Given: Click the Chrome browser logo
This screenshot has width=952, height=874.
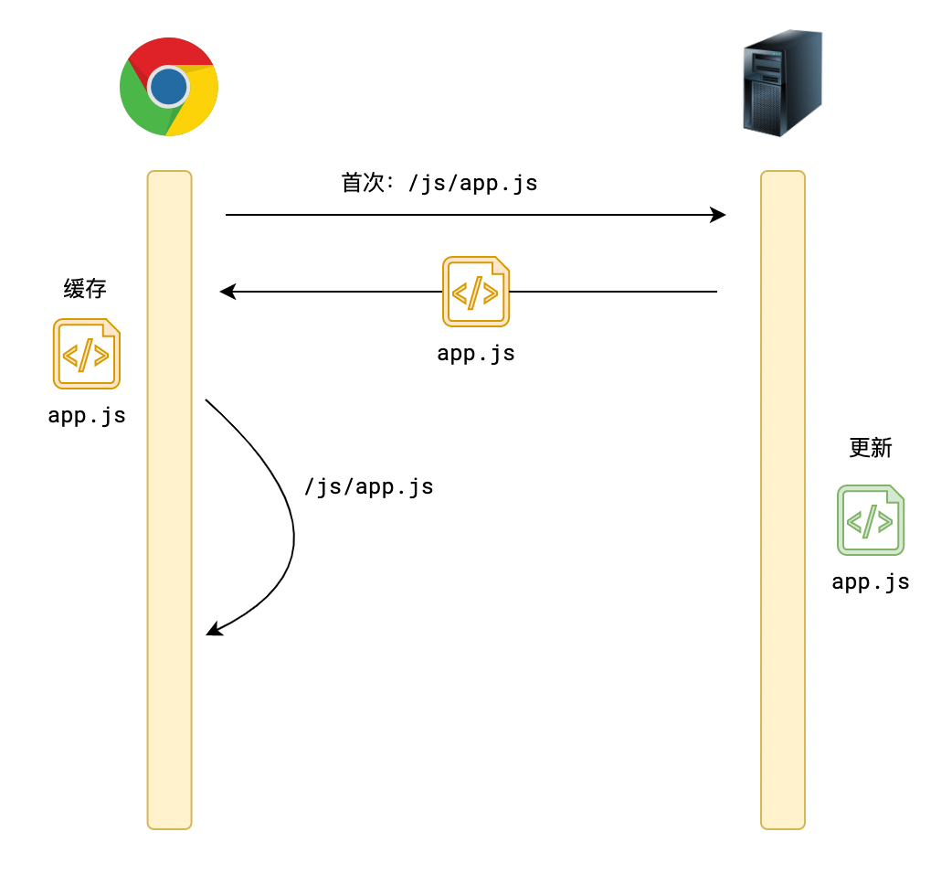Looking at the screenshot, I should click(x=169, y=87).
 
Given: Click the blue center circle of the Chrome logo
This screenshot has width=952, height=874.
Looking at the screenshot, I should click(x=169, y=87).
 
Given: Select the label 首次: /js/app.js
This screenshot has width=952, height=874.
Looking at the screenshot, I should click(x=439, y=183).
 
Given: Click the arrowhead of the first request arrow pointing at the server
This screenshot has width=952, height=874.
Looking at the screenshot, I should click(x=719, y=215).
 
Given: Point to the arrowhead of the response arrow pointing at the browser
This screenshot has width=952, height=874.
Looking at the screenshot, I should click(x=227, y=292).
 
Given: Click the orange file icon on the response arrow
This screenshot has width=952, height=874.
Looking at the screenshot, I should click(x=476, y=292).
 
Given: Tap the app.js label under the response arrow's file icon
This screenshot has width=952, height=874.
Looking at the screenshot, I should click(x=476, y=354).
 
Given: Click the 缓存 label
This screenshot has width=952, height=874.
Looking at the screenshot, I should click(x=85, y=289).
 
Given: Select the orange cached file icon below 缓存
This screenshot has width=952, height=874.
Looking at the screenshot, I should click(x=87, y=354).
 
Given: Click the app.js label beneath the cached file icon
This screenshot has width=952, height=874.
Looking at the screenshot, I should click(x=87, y=416).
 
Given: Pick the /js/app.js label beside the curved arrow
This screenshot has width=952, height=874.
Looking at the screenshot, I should click(x=368, y=487).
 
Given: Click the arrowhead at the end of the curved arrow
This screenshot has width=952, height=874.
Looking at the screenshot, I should click(x=213, y=629).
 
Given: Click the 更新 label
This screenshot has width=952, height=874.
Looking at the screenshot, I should click(x=870, y=448).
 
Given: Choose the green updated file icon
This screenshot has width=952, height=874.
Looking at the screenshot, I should click(x=871, y=520).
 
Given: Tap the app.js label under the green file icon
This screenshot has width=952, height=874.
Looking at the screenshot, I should click(x=871, y=582).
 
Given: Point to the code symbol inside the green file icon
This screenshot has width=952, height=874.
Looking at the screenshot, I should click(x=869, y=522).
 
